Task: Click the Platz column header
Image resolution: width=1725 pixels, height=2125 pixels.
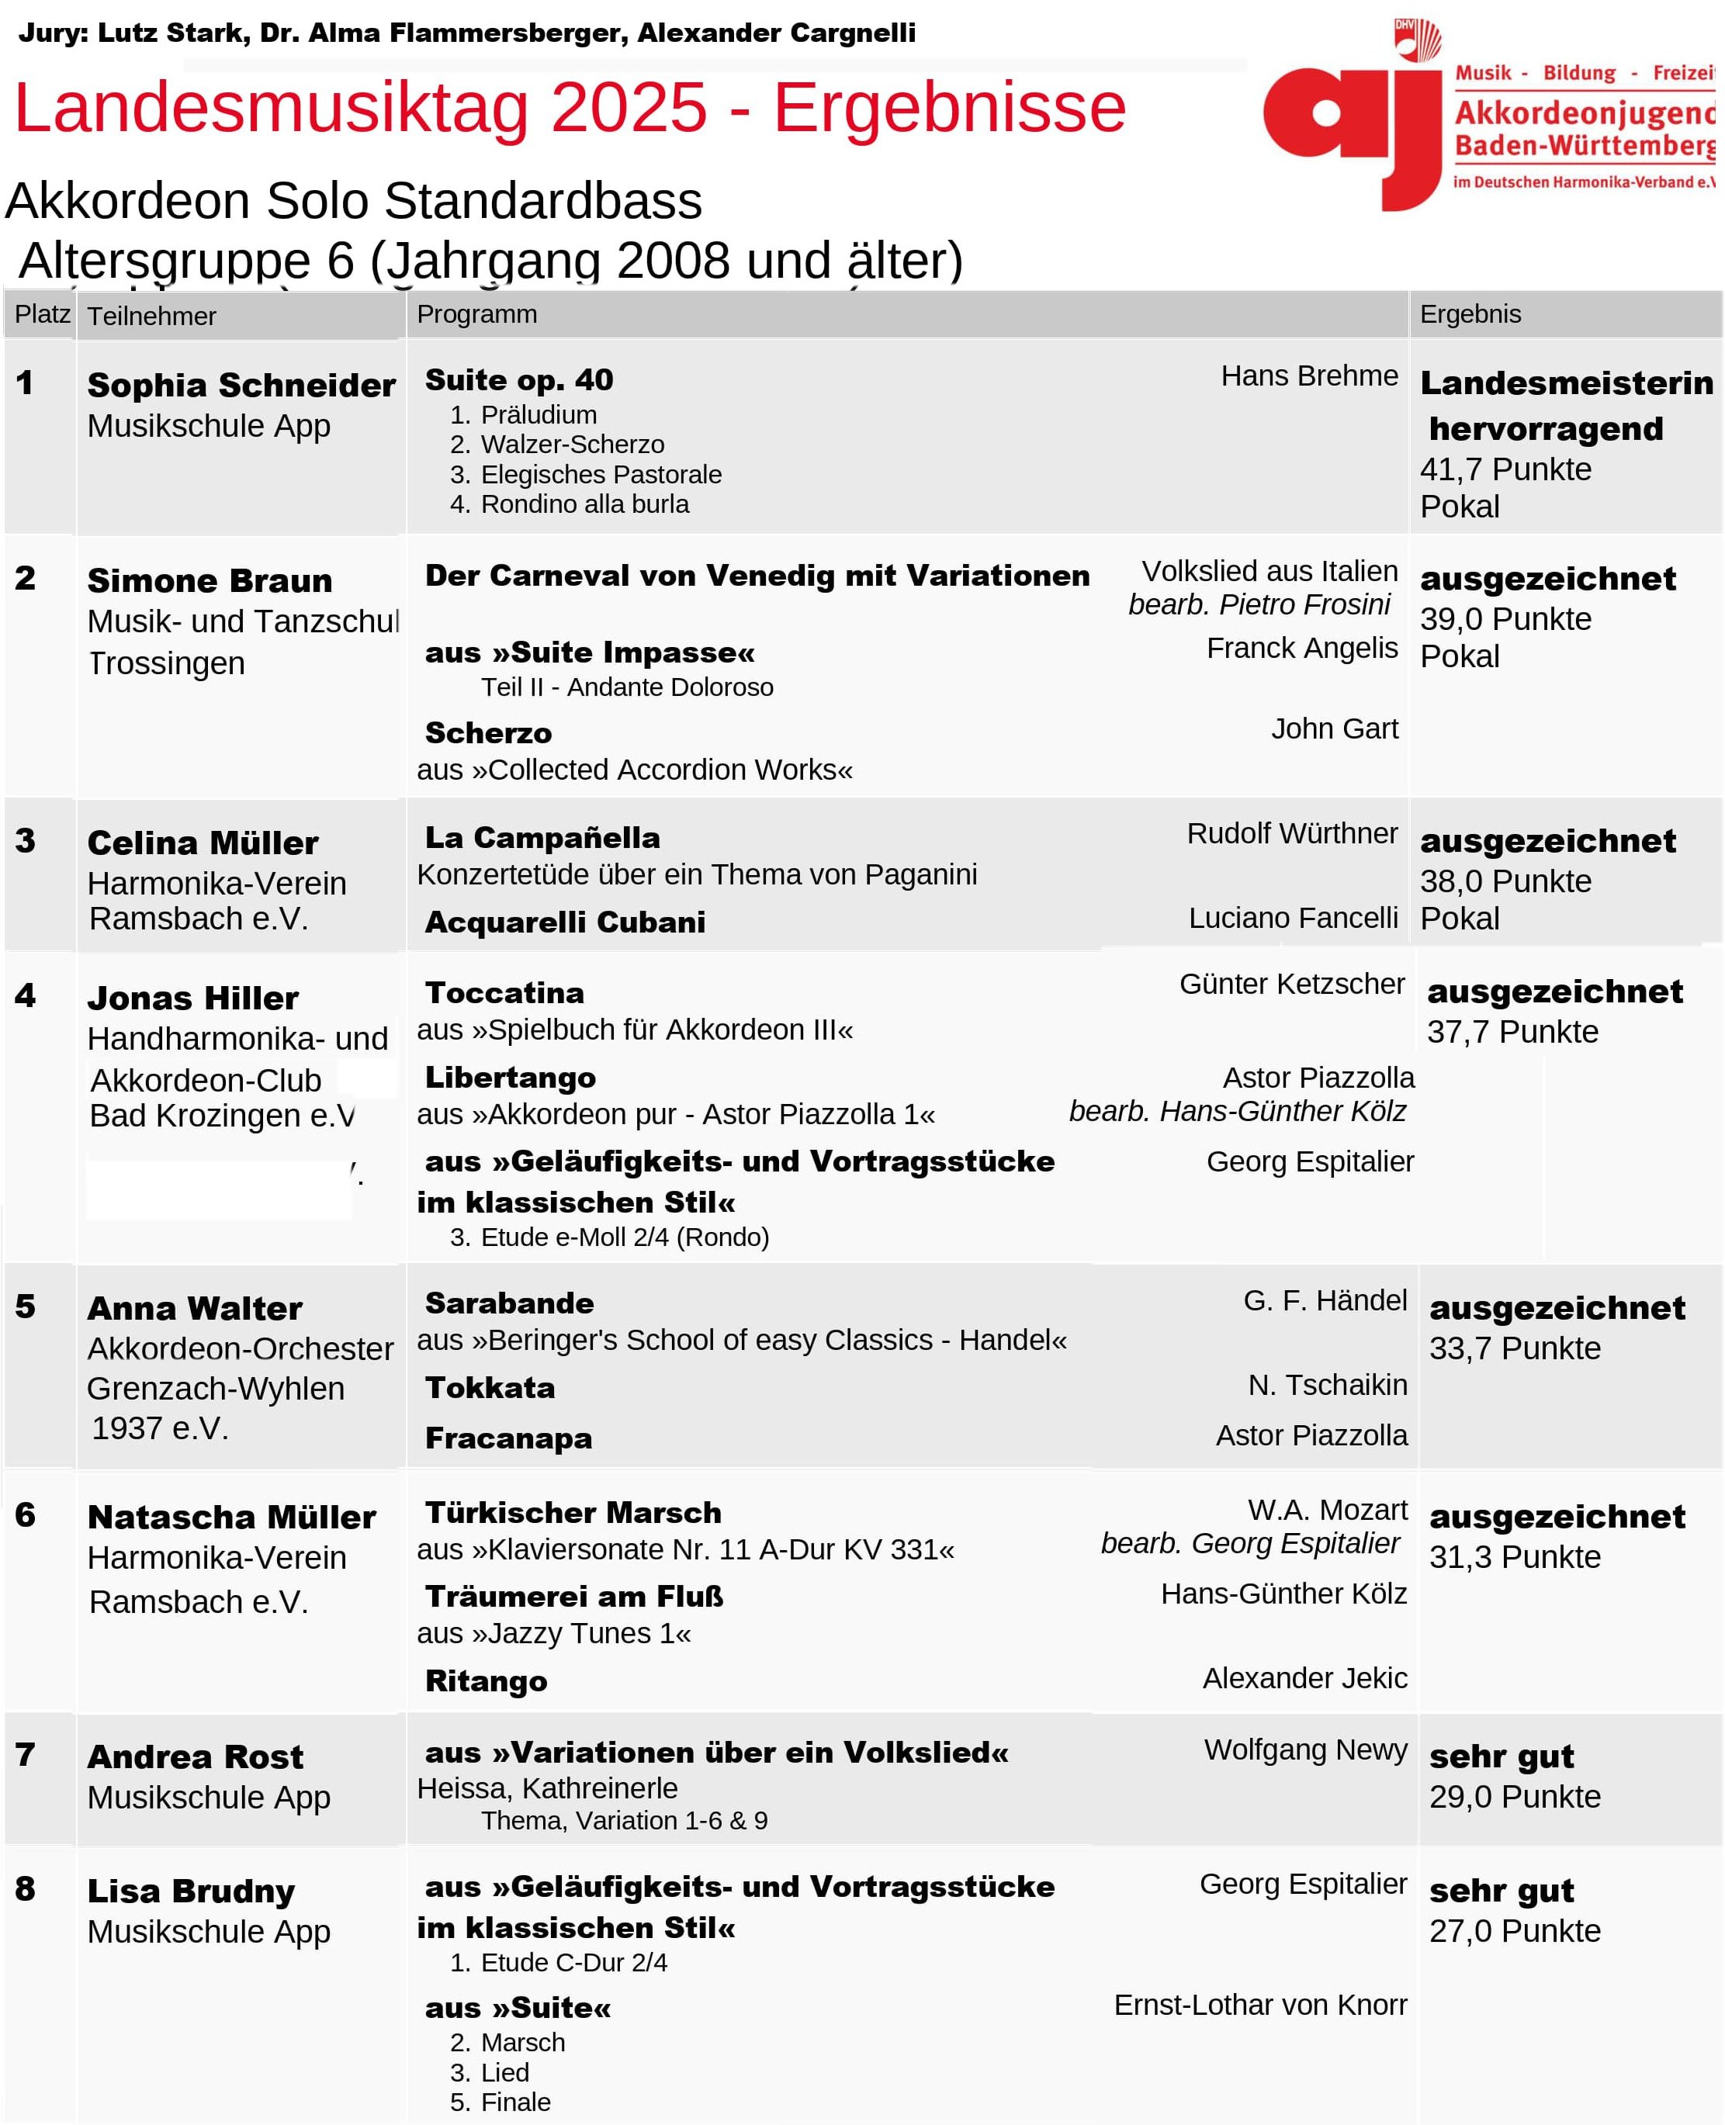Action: [x=42, y=315]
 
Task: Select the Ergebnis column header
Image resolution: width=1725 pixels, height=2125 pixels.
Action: [x=1470, y=315]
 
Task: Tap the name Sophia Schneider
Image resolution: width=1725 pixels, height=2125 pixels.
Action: [x=241, y=386]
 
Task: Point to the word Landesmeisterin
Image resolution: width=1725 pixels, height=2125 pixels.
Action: [x=1566, y=382]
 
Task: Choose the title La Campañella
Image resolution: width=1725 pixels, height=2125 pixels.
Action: [x=542, y=837]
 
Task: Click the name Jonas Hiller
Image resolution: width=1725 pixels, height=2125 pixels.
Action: [x=192, y=998]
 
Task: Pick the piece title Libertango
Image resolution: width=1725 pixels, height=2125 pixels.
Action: [x=511, y=1078]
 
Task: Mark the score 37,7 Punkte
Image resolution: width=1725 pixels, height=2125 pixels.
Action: [x=1512, y=1032]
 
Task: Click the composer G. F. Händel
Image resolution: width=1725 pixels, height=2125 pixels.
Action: [x=1325, y=1300]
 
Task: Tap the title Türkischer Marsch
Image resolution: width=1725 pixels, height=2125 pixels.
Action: [x=573, y=1512]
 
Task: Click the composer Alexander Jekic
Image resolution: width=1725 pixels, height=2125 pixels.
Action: [x=1304, y=1678]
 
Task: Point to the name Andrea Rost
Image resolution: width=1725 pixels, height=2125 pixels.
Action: [x=196, y=1756]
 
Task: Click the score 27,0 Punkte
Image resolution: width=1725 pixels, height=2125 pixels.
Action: [x=1515, y=1930]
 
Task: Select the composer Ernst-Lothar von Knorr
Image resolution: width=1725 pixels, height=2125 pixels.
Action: [x=1260, y=2005]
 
